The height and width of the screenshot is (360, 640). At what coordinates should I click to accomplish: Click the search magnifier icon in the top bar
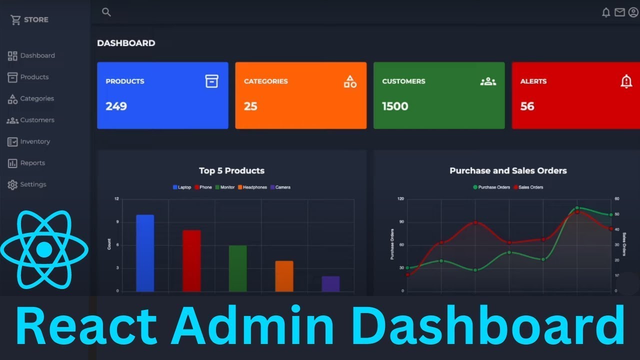[106, 12]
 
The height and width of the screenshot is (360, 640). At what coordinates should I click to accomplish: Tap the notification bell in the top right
[606, 12]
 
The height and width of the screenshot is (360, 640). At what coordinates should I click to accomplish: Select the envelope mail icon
[619, 12]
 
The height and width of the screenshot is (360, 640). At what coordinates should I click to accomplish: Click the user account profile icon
[633, 12]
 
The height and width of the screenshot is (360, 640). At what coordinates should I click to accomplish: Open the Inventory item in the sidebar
[34, 141]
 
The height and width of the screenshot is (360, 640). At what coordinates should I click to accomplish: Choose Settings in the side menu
[33, 184]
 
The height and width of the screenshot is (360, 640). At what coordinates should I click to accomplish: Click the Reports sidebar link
[32, 163]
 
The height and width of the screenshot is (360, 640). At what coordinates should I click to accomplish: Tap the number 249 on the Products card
[116, 106]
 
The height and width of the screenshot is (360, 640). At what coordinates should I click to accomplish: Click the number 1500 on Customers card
[395, 106]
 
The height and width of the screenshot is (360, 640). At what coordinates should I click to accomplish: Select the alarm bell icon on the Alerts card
[626, 81]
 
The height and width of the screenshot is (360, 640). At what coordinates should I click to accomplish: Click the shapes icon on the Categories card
[350, 81]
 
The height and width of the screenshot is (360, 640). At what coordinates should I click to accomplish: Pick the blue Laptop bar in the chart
[145, 253]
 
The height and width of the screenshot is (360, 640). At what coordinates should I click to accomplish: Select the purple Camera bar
[330, 283]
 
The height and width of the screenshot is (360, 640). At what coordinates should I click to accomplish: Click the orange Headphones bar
[284, 276]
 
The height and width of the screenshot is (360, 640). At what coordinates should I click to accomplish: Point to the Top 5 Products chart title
[231, 170]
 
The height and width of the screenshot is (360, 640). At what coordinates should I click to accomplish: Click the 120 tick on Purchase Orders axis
[400, 199]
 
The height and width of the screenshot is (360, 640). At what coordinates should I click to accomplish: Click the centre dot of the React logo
[44, 249]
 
